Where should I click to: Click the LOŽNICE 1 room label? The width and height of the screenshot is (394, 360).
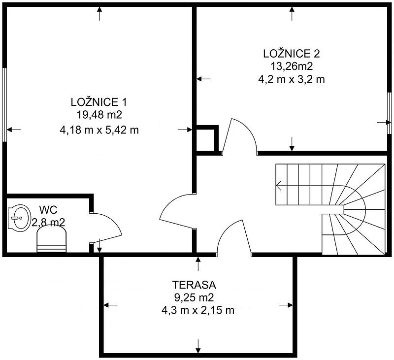[x=99, y=102]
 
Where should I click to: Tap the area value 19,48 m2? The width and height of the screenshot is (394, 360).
[x=99, y=115]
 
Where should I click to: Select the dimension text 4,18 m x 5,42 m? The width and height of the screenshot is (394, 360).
[x=99, y=130]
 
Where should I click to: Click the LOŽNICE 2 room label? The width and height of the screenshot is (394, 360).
[x=292, y=54]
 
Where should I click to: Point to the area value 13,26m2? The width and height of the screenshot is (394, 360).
[x=292, y=66]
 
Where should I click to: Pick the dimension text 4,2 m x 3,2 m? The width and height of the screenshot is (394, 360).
[x=292, y=79]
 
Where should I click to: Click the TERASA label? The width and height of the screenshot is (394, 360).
[x=194, y=285]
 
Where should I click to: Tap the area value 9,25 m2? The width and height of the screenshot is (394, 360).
[x=194, y=297]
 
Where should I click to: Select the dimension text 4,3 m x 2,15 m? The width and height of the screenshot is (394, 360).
[x=198, y=311]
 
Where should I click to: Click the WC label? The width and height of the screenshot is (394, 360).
[x=48, y=209]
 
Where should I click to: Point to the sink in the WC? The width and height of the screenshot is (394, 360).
[x=19, y=218]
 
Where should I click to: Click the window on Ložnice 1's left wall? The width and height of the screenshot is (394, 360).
[x=4, y=104]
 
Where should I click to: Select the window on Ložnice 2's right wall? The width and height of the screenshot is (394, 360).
[x=389, y=113]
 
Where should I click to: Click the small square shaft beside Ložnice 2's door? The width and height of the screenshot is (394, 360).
[x=206, y=140]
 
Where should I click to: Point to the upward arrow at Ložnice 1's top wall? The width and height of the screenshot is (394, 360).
[x=100, y=14]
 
